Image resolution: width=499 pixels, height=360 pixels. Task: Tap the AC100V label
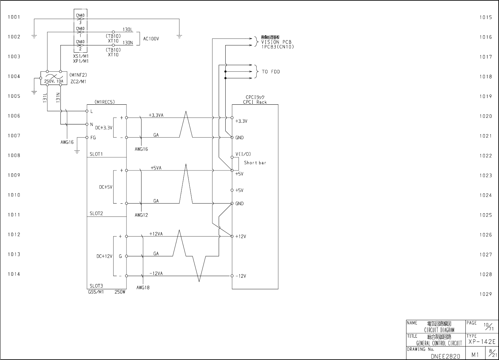151,39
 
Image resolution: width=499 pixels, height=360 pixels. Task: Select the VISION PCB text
276,42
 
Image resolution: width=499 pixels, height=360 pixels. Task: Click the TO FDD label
271,72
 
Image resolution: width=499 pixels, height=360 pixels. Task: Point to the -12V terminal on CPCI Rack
232,276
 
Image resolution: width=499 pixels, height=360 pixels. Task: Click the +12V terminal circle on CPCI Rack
232,236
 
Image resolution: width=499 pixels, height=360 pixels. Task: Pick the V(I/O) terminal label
243,154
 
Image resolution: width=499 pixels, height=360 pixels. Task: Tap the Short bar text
255,163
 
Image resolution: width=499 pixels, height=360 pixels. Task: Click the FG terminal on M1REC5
87,138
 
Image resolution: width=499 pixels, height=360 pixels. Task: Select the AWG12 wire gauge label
141,215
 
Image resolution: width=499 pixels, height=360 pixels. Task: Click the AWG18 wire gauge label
143,288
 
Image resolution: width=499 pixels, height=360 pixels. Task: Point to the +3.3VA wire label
156,115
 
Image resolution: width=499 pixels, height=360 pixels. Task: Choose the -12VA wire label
156,273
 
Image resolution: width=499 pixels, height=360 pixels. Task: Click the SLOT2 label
96,213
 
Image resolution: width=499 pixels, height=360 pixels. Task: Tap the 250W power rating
120,292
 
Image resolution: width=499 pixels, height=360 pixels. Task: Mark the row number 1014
14,274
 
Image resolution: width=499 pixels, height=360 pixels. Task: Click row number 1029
485,294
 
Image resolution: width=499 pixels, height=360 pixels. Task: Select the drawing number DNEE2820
445,356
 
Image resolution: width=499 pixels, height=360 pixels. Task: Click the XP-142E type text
482,342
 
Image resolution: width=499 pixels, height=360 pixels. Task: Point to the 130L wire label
127,30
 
